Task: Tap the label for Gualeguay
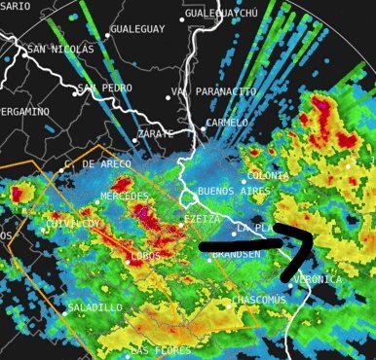(x=137, y=30)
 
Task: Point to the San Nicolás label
(x=60, y=48)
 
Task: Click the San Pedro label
(x=105, y=88)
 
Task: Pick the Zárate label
(x=156, y=132)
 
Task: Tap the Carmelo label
(x=230, y=123)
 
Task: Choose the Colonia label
(x=268, y=175)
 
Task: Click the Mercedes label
(x=124, y=197)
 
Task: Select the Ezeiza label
(x=202, y=220)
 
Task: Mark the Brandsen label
(x=236, y=254)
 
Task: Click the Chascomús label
(x=260, y=300)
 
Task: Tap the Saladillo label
(x=95, y=307)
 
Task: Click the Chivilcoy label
(x=73, y=224)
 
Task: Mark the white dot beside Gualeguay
(x=105, y=30)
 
